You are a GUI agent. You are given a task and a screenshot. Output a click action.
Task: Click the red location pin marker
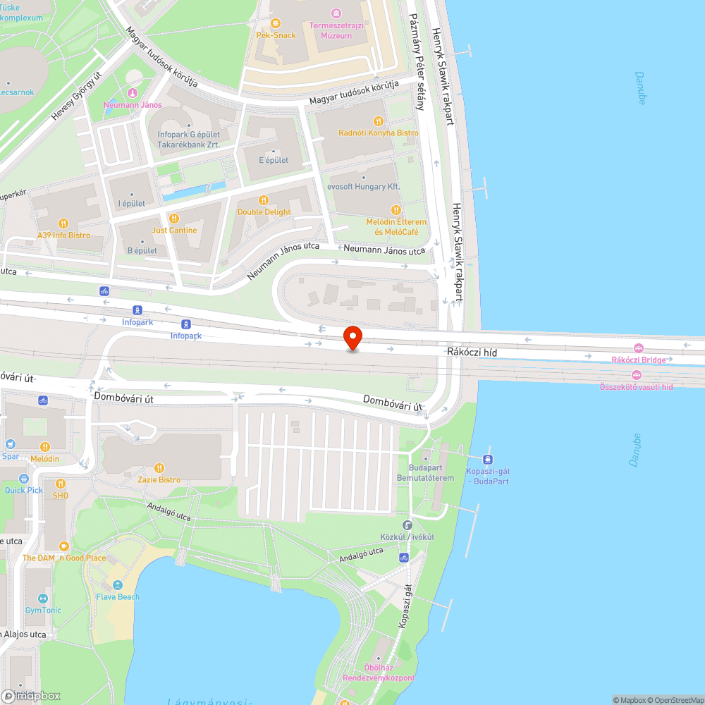point(352,338)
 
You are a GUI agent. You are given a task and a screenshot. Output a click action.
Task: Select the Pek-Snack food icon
point(276,25)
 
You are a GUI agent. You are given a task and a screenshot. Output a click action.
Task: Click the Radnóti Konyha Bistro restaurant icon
point(378,121)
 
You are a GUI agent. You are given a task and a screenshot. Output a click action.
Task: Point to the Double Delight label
point(264,211)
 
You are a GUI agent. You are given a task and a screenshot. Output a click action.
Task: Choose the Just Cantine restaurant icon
point(175,219)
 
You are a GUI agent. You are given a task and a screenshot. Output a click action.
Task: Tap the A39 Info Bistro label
point(64,235)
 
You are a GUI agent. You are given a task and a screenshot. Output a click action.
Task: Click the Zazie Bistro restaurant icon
point(159,468)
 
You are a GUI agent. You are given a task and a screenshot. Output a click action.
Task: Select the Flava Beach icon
point(118,585)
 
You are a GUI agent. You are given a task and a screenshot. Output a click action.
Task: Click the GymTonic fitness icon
point(43,599)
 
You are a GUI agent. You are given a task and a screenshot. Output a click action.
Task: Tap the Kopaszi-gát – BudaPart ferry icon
point(488,459)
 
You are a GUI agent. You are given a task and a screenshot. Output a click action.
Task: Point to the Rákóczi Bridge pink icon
point(638,348)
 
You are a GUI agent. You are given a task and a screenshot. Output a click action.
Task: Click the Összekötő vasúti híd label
point(636,387)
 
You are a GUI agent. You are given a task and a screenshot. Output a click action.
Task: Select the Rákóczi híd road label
point(467,351)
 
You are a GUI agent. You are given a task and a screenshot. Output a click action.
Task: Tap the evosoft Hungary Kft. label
point(363,187)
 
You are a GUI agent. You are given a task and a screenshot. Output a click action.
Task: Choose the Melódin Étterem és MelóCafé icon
point(396,210)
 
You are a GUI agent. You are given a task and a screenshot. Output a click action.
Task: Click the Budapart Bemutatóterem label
point(425,473)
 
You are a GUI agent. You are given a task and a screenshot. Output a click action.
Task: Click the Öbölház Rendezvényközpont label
point(379,673)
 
